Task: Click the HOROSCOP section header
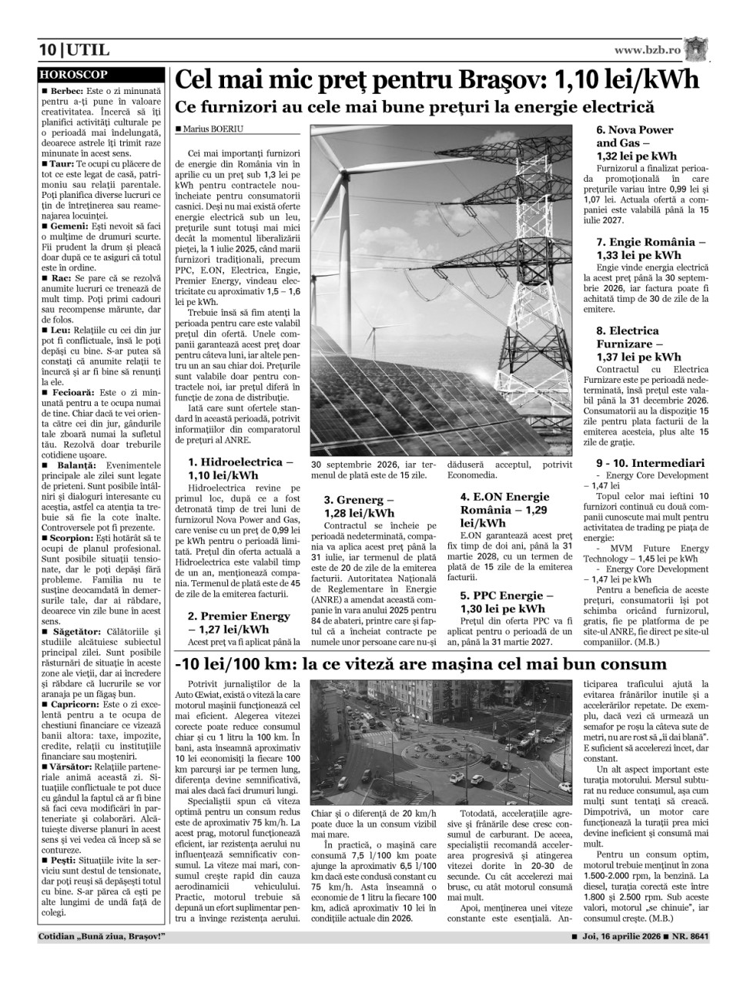(74, 75)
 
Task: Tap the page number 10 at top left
(48, 51)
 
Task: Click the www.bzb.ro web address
(647, 50)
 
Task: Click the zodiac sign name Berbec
(68, 91)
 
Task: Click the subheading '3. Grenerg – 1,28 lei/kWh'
(359, 506)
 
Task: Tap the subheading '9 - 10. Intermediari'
(650, 463)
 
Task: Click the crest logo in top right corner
(698, 49)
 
